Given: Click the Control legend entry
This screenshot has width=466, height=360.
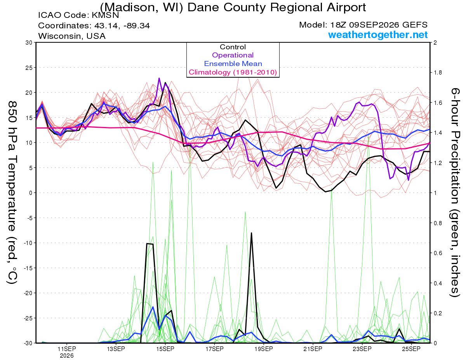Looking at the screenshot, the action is coord(233,47).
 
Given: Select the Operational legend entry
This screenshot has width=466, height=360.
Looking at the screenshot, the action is coord(233,55).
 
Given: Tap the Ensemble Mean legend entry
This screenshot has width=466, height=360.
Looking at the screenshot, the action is coord(233,64).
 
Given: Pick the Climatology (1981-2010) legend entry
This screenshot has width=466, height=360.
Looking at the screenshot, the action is coord(233,72).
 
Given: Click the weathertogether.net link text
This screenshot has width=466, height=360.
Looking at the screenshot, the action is coord(378,35).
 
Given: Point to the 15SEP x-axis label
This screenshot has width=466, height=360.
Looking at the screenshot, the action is coord(165,349).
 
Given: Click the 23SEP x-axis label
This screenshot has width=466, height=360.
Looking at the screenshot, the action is coord(362,349).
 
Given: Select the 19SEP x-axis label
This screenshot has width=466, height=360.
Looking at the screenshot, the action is coord(264,349).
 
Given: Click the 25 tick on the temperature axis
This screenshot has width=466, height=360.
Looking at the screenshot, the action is coord(29,68).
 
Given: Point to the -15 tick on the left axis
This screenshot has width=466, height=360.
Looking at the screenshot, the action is coord(28,268).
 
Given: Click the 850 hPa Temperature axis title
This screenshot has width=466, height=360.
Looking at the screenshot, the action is coord(12,193).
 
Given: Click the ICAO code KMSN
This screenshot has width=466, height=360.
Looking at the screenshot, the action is coord(105,15).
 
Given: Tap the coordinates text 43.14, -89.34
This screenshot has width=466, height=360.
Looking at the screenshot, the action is coord(122,26).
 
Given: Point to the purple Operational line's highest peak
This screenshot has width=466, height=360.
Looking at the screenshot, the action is coord(159,78).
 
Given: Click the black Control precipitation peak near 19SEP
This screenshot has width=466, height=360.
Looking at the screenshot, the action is coord(251,233).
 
